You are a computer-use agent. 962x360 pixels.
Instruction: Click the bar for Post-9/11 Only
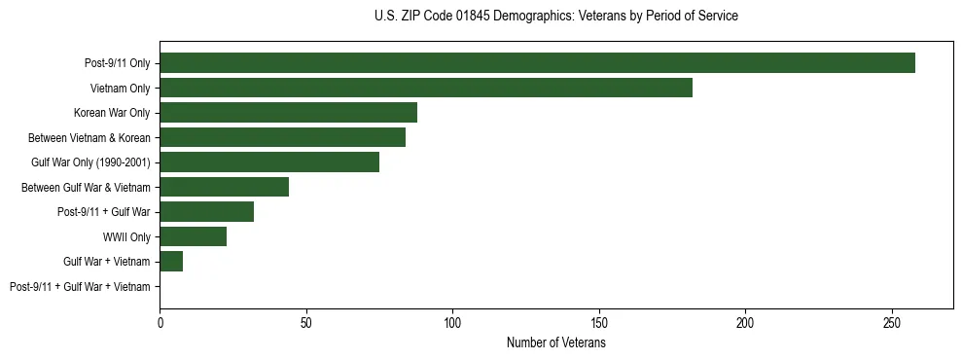click(x=537, y=63)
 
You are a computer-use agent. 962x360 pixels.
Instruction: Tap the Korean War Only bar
click(x=288, y=113)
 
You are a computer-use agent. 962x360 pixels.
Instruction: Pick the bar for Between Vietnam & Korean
click(x=282, y=137)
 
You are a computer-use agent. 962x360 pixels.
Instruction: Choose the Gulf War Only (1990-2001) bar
click(x=269, y=162)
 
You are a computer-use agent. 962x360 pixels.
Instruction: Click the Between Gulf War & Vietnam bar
click(x=224, y=187)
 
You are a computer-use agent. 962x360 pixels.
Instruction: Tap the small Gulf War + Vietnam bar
click(x=171, y=262)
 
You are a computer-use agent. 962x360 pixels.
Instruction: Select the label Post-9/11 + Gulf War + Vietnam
click(x=80, y=287)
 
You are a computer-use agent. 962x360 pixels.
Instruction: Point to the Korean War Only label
click(x=112, y=113)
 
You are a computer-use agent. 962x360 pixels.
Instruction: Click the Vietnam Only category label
click(x=120, y=88)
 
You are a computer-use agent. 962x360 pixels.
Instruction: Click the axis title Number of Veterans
click(x=555, y=342)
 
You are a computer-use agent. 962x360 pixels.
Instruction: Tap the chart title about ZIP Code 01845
click(x=555, y=17)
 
